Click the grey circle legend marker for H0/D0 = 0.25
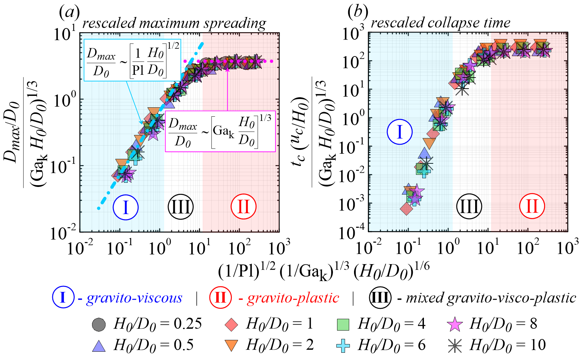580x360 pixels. pyautogui.click(x=99, y=324)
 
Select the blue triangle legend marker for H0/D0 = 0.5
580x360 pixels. pyautogui.click(x=99, y=345)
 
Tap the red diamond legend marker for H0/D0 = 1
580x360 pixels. pyautogui.click(x=231, y=324)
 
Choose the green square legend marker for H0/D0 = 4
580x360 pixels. pyautogui.click(x=343, y=324)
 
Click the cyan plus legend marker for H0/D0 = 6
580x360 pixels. pyautogui.click(x=343, y=345)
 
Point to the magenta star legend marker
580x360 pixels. pyautogui.click(x=455, y=324)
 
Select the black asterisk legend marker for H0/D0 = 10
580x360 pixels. pyautogui.click(x=455, y=345)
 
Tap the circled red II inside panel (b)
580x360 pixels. pyautogui.click(x=532, y=206)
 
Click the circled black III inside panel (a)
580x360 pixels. pyautogui.click(x=180, y=207)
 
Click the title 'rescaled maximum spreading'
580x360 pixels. pyautogui.click(x=174, y=23)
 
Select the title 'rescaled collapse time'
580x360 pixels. pyautogui.click(x=441, y=23)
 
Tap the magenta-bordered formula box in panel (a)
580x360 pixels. pyautogui.click(x=220, y=131)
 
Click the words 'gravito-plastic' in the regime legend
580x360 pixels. pyautogui.click(x=293, y=298)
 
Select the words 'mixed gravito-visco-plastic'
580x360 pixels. pyautogui.click(x=491, y=298)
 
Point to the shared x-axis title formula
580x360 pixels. pyautogui.click(x=324, y=270)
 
